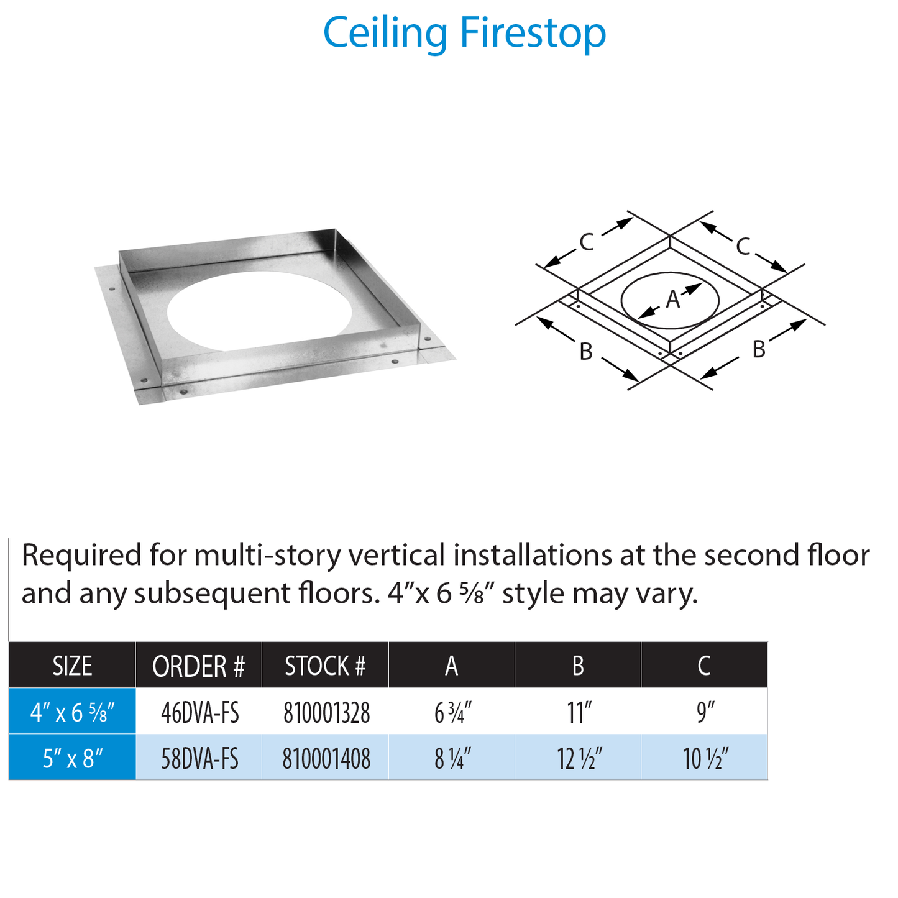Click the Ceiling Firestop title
(464, 33)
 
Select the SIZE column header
(72, 666)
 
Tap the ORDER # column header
(199, 666)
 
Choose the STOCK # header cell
(325, 666)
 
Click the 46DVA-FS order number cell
(199, 712)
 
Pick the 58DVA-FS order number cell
(199, 758)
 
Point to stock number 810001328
(326, 712)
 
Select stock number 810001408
(326, 758)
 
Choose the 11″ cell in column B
(579, 712)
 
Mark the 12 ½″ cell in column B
(579, 758)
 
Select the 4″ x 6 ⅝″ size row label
(72, 712)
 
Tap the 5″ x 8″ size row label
(72, 758)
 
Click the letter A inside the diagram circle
(672, 300)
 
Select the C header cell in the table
(704, 666)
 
